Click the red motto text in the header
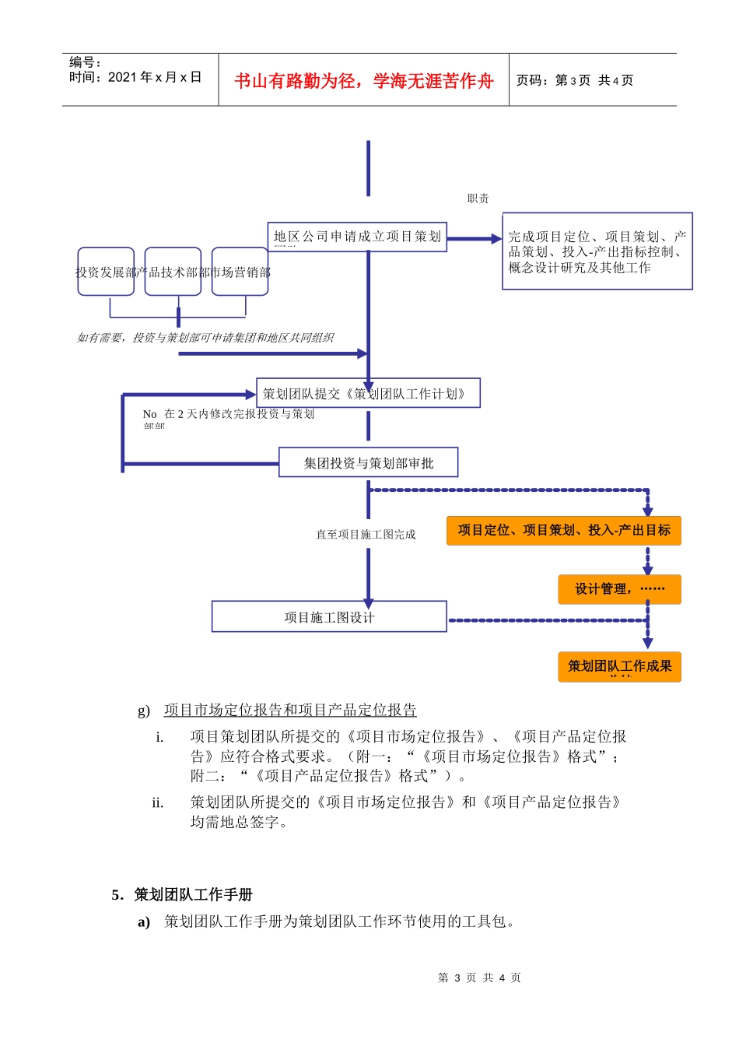[363, 81]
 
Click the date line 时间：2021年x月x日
[135, 77]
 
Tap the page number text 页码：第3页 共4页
[575, 80]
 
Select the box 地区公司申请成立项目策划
[357, 237]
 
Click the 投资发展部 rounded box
[106, 272]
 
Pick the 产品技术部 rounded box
[173, 272]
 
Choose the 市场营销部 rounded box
[240, 272]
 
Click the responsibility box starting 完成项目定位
[597, 251]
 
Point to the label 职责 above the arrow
[478, 198]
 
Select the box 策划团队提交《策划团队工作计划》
[368, 394]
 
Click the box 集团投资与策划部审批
[368, 463]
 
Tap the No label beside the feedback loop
[149, 414]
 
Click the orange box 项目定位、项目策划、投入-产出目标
[563, 531]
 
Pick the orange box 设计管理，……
[619, 589]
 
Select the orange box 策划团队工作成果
[619, 667]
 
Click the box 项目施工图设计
[329, 617]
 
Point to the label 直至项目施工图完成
[366, 535]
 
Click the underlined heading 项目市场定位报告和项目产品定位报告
[290, 710]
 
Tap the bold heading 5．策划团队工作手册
[182, 895]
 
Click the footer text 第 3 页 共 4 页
[479, 978]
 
